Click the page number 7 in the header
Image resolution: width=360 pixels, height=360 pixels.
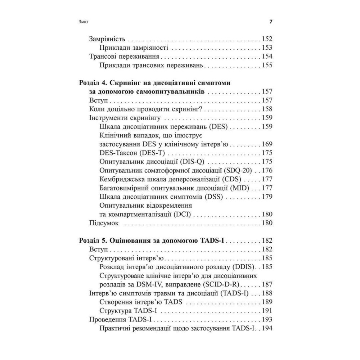point(271,22)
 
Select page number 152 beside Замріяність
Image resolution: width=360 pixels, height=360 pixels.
point(267,39)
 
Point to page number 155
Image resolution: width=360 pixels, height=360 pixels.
point(267,65)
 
